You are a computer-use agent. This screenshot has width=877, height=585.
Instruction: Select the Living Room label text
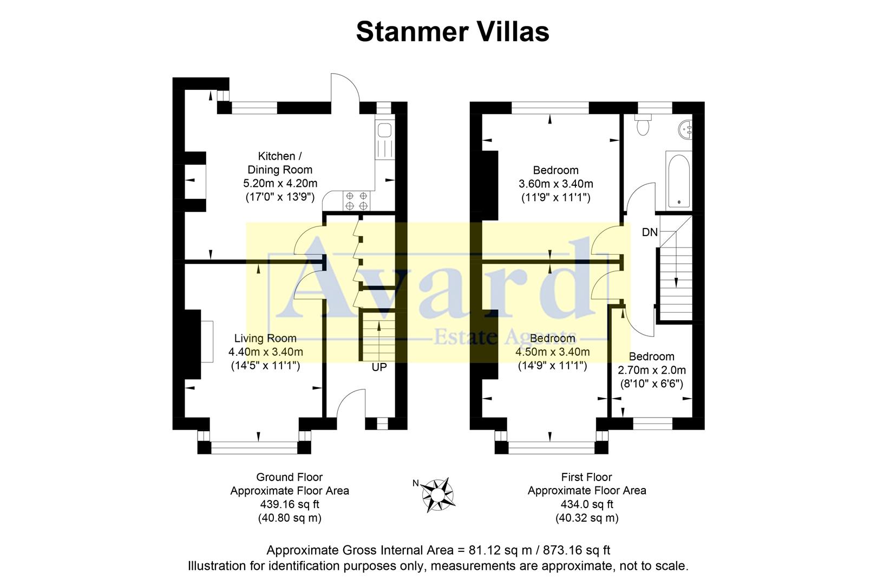(x=265, y=339)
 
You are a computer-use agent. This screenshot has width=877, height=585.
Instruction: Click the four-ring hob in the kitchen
(x=356, y=201)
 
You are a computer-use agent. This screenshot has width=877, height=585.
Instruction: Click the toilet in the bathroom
(x=644, y=125)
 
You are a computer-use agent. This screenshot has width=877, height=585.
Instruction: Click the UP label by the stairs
(x=379, y=367)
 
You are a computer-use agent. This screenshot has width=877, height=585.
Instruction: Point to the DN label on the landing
(x=650, y=232)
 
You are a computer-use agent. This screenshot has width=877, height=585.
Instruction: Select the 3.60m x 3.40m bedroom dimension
(x=555, y=184)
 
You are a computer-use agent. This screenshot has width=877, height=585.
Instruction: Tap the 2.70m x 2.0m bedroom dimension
(x=652, y=370)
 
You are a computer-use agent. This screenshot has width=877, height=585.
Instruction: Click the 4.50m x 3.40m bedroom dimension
(x=552, y=352)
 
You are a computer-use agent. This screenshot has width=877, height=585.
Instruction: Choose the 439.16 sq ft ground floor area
(x=289, y=504)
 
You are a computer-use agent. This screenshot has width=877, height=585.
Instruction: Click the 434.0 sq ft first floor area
(x=586, y=504)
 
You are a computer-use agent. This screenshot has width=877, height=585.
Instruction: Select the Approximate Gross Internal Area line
(x=438, y=550)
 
